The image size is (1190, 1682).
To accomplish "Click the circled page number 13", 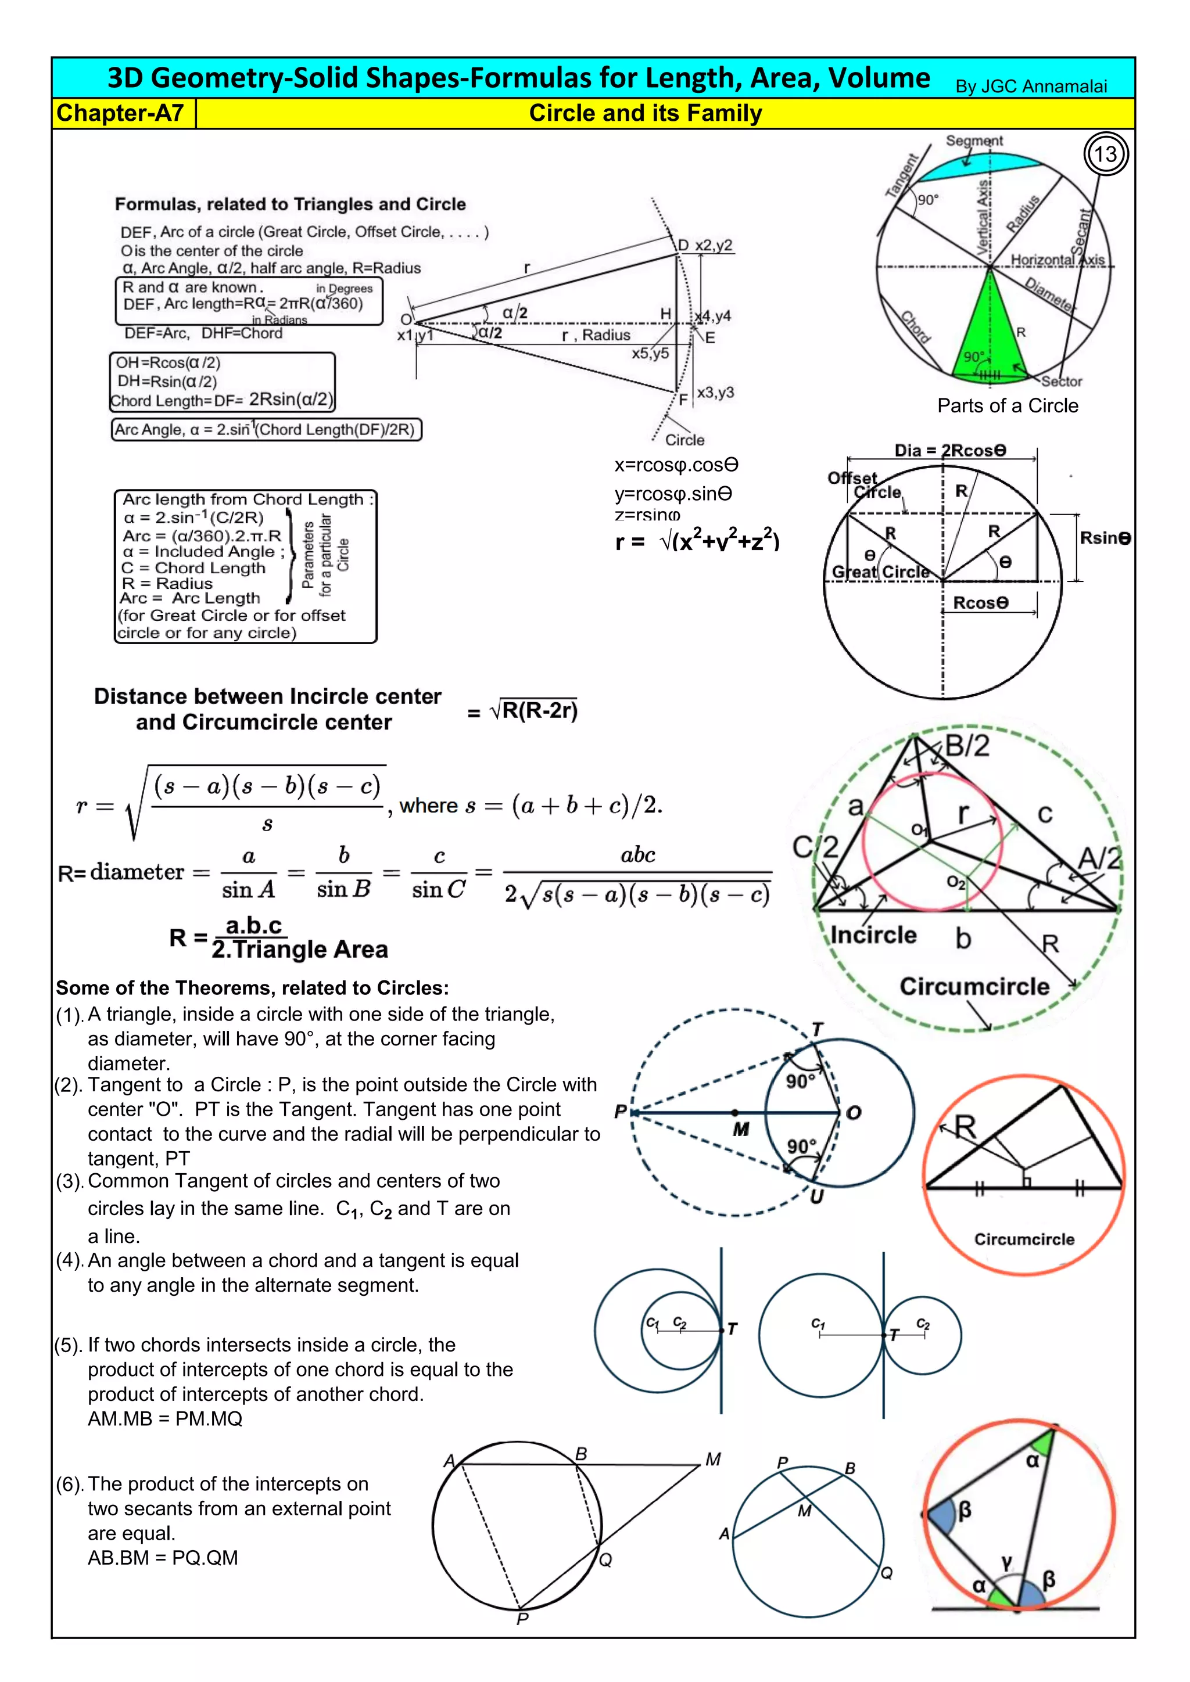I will (1105, 154).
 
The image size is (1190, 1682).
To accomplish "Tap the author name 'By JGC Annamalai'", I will (1030, 87).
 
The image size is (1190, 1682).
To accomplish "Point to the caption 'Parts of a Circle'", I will (1007, 406).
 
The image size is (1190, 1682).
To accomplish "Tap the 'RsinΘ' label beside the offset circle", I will (1104, 538).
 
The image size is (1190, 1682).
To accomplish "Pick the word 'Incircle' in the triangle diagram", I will (873, 936).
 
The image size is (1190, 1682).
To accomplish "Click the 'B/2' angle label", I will (966, 746).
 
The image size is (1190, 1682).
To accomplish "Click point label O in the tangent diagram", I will (854, 1113).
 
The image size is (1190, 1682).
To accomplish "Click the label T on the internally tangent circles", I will (732, 1329).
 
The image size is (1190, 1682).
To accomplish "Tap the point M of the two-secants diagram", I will (712, 1460).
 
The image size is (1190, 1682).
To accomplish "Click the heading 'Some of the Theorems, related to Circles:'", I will (252, 989).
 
